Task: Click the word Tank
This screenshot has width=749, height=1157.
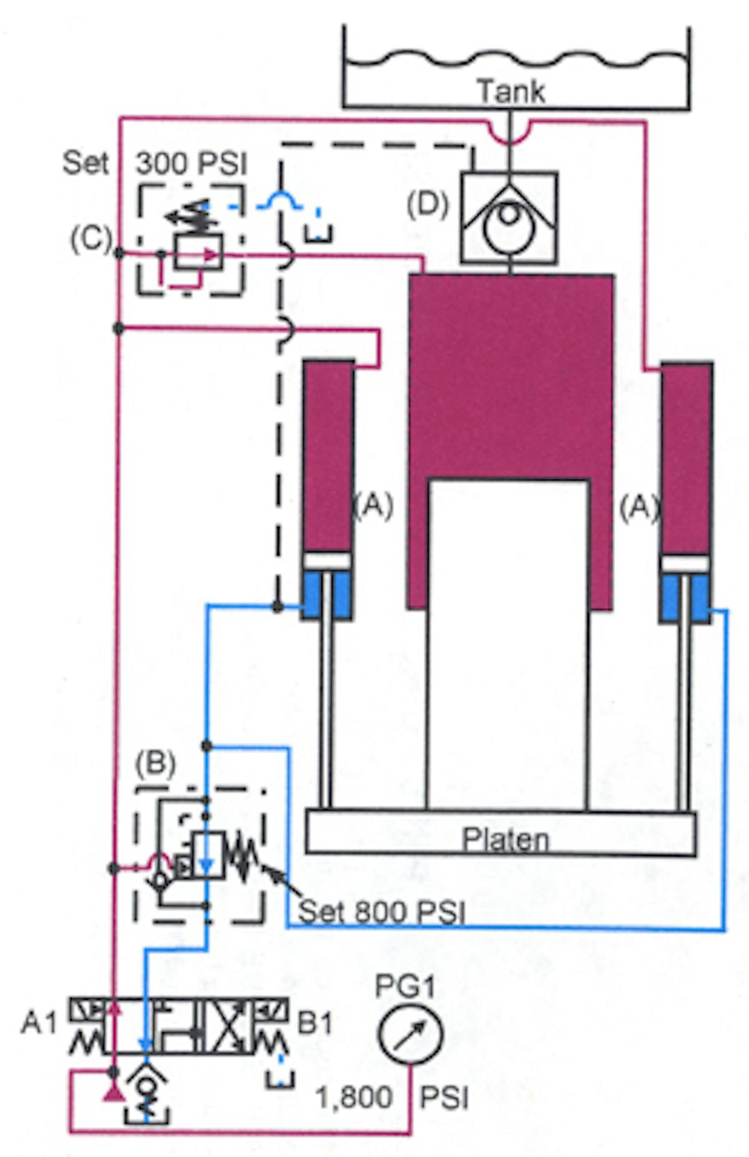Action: click(x=511, y=91)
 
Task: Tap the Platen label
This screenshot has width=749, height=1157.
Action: click(x=506, y=839)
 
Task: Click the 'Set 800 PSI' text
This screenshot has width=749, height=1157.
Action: click(x=381, y=912)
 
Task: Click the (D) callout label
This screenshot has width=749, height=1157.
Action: click(x=428, y=204)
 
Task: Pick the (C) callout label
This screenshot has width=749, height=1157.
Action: click(x=91, y=239)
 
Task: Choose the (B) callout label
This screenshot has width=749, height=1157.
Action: click(x=155, y=763)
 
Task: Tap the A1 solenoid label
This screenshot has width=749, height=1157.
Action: click(x=39, y=1023)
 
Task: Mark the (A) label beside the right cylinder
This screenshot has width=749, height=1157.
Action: click(x=639, y=507)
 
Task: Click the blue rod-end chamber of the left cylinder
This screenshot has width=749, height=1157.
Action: click(x=326, y=595)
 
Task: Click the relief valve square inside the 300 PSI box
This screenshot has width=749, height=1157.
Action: click(x=198, y=252)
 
